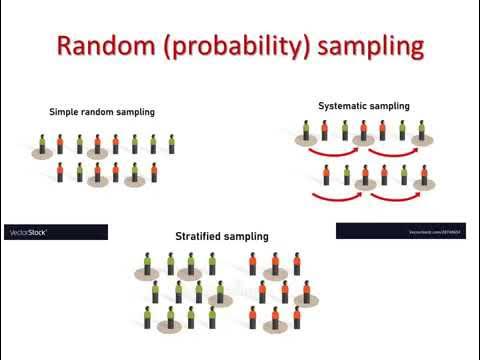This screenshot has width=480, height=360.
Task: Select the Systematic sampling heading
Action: click(363, 105)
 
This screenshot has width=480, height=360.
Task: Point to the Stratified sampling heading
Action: click(221, 237)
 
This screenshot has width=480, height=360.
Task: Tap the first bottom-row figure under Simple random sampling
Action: click(60, 172)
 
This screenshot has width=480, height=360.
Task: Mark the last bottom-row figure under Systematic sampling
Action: click(424, 176)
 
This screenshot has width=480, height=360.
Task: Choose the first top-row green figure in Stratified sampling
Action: click(148, 264)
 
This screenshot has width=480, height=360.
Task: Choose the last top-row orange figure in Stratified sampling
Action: click(297, 264)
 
